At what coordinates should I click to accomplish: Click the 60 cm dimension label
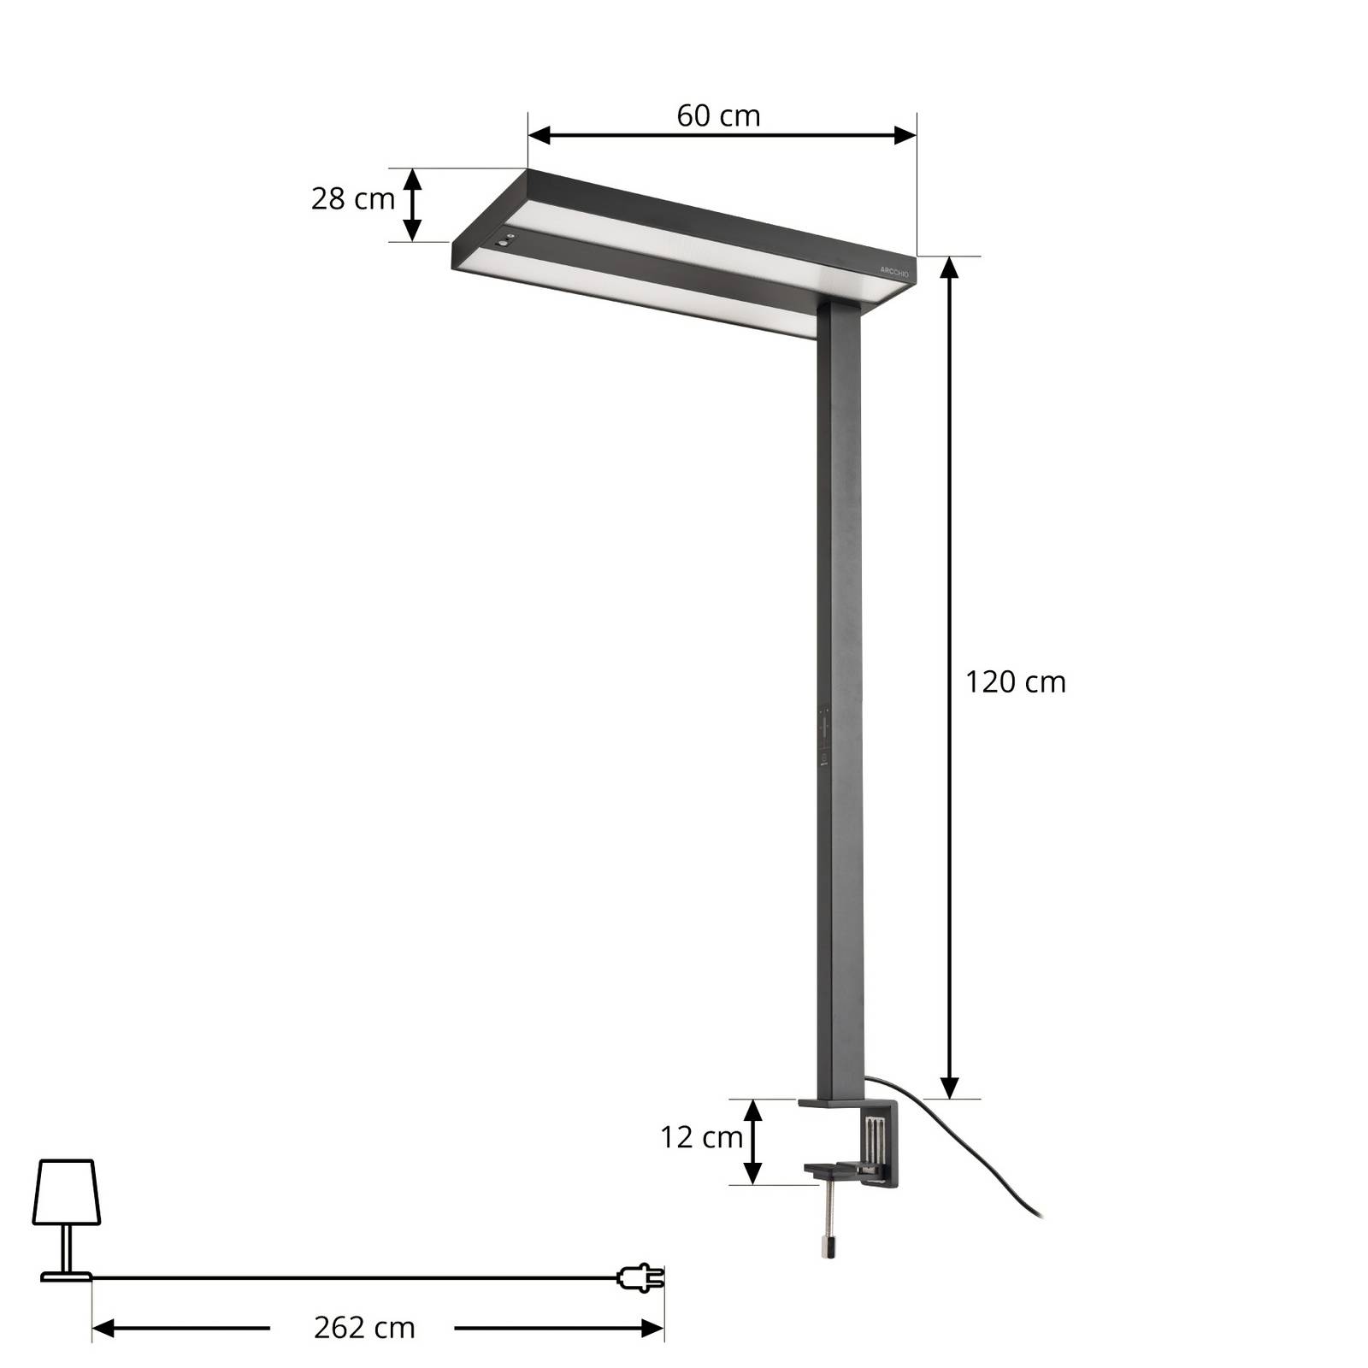(718, 115)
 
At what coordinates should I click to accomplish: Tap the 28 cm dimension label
(352, 199)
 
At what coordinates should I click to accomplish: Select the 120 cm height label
(1015, 682)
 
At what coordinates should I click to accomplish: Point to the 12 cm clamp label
(700, 1137)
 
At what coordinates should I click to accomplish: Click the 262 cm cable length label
(364, 1328)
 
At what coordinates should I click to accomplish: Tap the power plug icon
(640, 1278)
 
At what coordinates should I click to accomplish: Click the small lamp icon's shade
(67, 1192)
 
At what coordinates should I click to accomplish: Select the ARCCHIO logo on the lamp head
(894, 269)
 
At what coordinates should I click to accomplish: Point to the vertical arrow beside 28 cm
(412, 204)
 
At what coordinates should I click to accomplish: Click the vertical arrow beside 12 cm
(752, 1141)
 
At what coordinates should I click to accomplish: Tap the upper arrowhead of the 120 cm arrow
(949, 268)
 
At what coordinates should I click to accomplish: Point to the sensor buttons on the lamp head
(505, 241)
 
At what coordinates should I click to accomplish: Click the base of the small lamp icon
(66, 1277)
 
